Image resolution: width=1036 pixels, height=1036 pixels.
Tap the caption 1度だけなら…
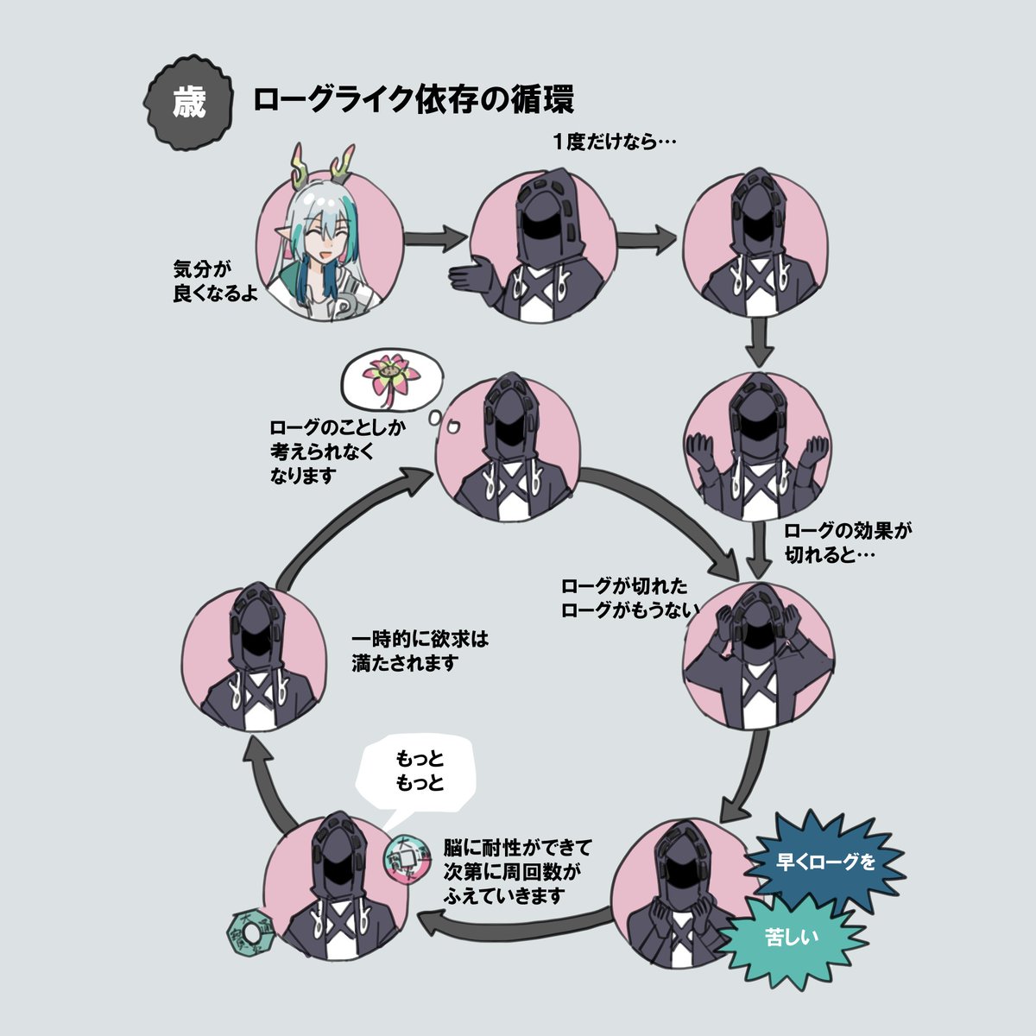click(x=615, y=142)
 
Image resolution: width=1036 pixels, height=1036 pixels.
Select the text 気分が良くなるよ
click(x=215, y=281)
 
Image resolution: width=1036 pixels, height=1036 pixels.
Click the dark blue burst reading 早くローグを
click(x=825, y=862)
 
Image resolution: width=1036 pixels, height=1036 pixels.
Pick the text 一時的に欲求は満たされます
click(x=420, y=652)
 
